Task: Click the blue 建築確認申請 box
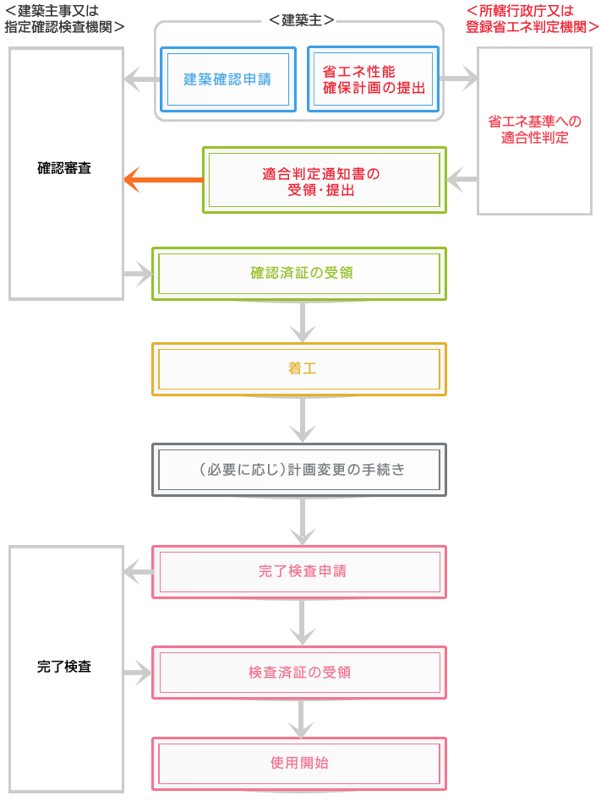228,79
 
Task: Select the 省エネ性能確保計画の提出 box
373,79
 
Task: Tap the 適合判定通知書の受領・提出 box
325,180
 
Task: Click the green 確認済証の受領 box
299,274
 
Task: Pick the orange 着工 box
299,369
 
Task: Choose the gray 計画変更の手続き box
299,470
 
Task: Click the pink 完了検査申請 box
299,572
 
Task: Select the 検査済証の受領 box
299,673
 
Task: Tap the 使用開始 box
299,764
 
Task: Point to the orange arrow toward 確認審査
163,180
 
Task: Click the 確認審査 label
64,168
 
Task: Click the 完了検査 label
64,667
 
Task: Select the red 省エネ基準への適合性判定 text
534,129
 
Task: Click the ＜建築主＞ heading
302,20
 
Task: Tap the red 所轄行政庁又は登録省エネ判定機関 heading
532,19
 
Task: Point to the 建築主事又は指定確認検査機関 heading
64,19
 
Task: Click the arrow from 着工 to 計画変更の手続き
303,419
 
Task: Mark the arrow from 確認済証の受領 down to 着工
303,322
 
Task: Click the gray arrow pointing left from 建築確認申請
142,79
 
